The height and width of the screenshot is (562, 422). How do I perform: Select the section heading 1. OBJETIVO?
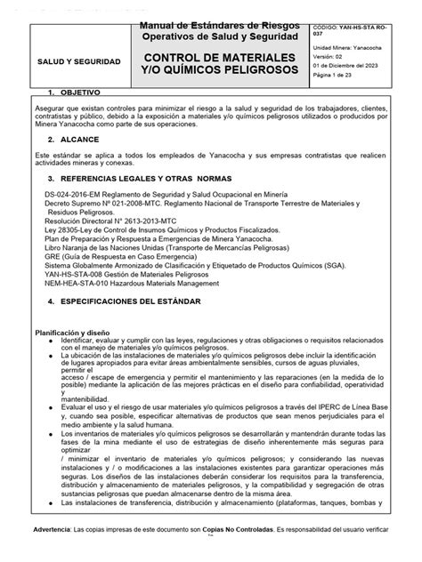point(80,92)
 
